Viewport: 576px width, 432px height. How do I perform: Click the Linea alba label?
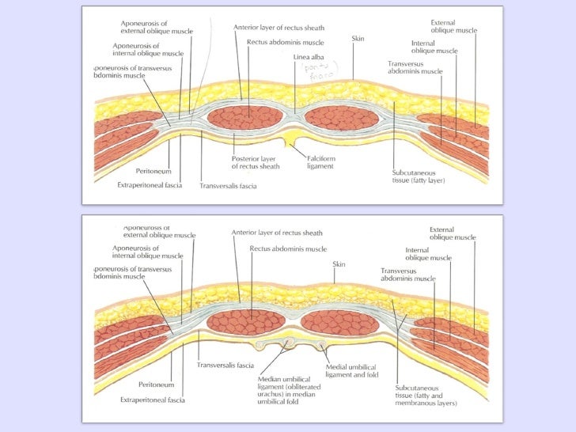[306, 56]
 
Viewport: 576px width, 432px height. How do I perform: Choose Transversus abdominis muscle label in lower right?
[407, 275]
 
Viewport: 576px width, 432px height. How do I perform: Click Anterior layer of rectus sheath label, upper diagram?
[277, 27]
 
